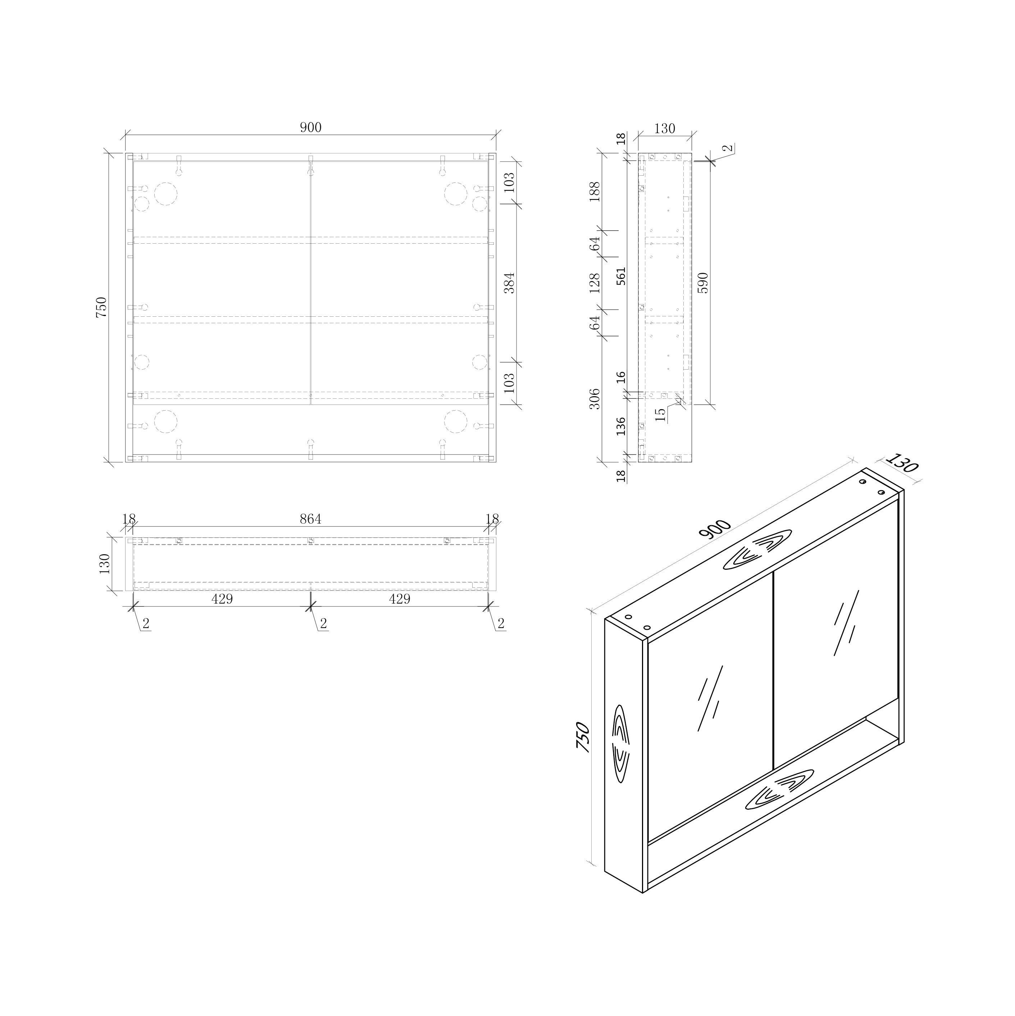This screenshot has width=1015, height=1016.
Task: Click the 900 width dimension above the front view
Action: click(311, 128)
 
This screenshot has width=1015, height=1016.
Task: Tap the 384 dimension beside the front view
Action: click(509, 283)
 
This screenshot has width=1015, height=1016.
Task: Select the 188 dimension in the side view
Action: click(595, 192)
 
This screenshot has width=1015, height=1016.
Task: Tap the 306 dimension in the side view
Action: click(595, 399)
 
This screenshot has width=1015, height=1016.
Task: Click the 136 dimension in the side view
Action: click(621, 426)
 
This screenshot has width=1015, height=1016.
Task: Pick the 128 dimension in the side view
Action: click(595, 283)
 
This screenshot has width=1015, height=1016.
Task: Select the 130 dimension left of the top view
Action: click(105, 564)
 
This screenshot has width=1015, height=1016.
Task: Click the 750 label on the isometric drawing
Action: click(583, 737)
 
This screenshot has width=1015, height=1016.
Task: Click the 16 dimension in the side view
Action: click(621, 377)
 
